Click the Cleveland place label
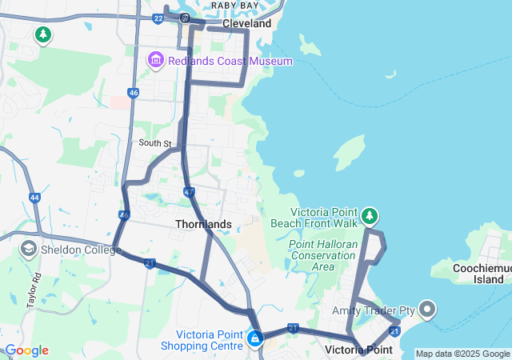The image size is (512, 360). click(247, 24)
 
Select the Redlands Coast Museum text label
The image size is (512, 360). click(231, 62)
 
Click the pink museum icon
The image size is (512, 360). click(156, 61)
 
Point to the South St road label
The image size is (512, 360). click(155, 143)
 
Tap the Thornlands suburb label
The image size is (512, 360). click(204, 225)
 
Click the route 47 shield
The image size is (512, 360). click(189, 192)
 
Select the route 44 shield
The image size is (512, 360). click(34, 197)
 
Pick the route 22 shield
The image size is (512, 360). click(158, 18)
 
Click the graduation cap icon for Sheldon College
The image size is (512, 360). click(28, 249)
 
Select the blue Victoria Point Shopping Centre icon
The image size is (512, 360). click(255, 339)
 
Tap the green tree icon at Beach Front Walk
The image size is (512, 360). click(369, 216)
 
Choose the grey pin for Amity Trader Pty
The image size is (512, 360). click(426, 309)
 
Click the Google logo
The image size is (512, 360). click(26, 350)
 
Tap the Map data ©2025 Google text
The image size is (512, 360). click(462, 354)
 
